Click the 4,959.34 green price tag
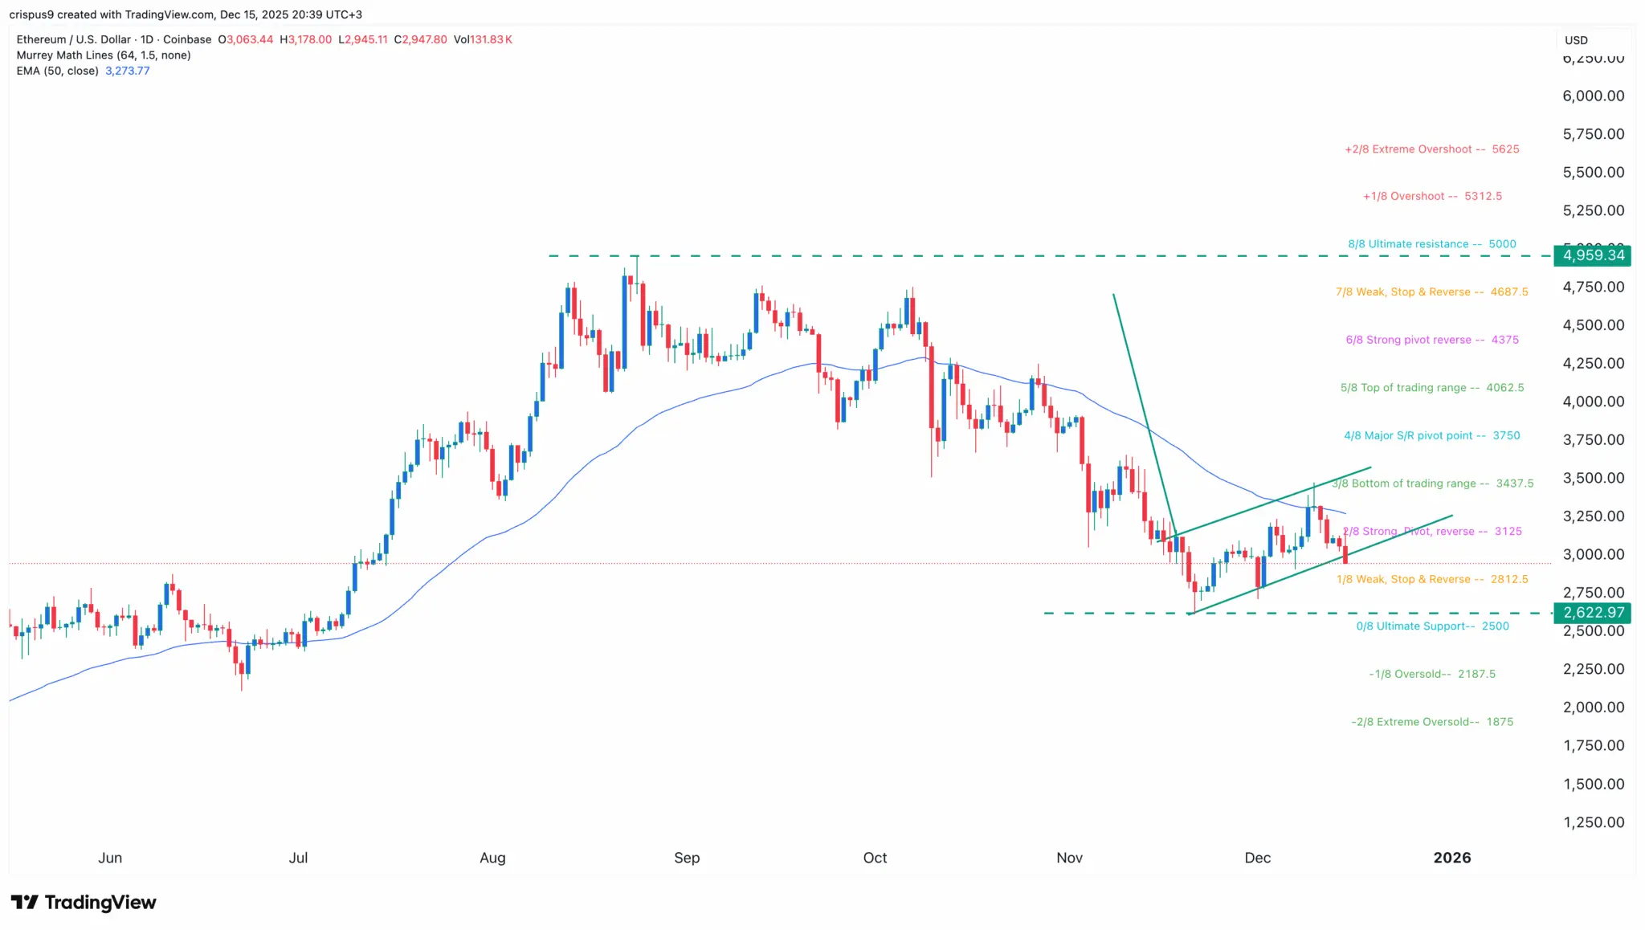point(1594,255)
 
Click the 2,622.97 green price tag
point(1594,613)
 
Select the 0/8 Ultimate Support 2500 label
point(1432,626)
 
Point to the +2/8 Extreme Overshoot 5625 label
point(1431,149)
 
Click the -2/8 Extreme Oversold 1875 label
point(1431,722)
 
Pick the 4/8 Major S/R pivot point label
point(1431,435)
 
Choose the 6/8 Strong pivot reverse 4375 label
point(1431,340)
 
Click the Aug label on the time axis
point(492,858)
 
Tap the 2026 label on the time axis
point(1451,858)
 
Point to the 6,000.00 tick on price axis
point(1593,96)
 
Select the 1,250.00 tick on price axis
point(1593,822)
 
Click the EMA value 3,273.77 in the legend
point(127,71)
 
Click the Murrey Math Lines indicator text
point(104,55)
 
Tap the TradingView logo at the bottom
point(84,903)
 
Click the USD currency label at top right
point(1576,40)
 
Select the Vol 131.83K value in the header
point(483,39)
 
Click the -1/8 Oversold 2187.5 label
point(1431,674)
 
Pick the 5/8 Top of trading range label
point(1431,388)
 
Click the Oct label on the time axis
point(875,858)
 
